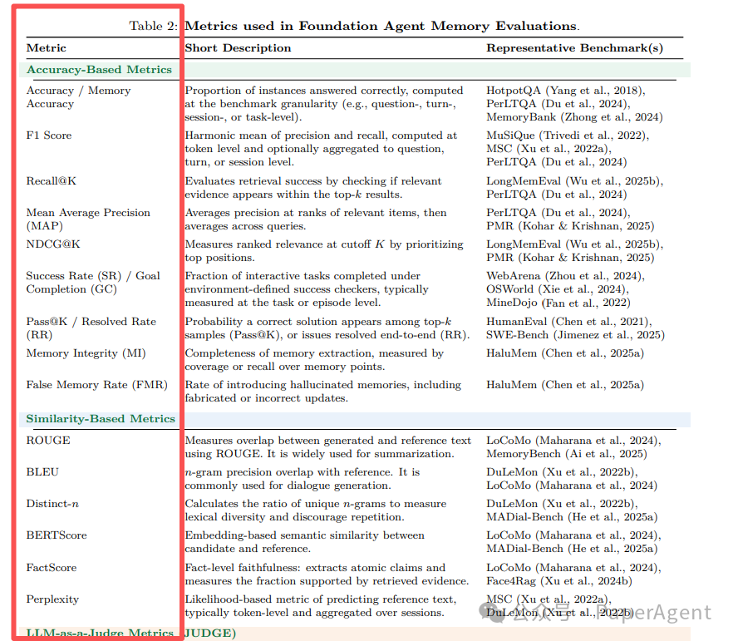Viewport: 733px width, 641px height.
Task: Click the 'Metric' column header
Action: click(x=47, y=48)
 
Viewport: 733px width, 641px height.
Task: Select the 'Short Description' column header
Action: click(x=238, y=48)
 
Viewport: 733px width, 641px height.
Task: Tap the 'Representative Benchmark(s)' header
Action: click(x=574, y=48)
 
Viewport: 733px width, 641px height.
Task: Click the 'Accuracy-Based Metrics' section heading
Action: click(x=99, y=70)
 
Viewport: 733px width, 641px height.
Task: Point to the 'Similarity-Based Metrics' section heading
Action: click(x=101, y=419)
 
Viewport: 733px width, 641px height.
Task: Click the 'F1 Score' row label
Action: click(x=49, y=136)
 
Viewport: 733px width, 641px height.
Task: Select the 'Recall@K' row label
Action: click(x=52, y=181)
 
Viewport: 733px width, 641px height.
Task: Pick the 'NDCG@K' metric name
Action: click(x=53, y=244)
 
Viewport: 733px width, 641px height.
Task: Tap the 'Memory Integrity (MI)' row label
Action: click(x=86, y=353)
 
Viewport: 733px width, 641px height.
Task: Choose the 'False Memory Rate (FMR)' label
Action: click(x=96, y=385)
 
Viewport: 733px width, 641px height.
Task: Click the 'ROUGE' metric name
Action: click(x=48, y=441)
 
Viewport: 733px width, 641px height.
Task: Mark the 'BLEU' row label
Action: click(x=43, y=472)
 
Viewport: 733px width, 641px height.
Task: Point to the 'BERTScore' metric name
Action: click(x=56, y=535)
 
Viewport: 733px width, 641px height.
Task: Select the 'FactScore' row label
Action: click(x=52, y=568)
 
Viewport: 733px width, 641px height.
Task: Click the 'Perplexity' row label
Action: click(x=52, y=599)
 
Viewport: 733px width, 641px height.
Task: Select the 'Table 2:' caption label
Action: click(x=154, y=27)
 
